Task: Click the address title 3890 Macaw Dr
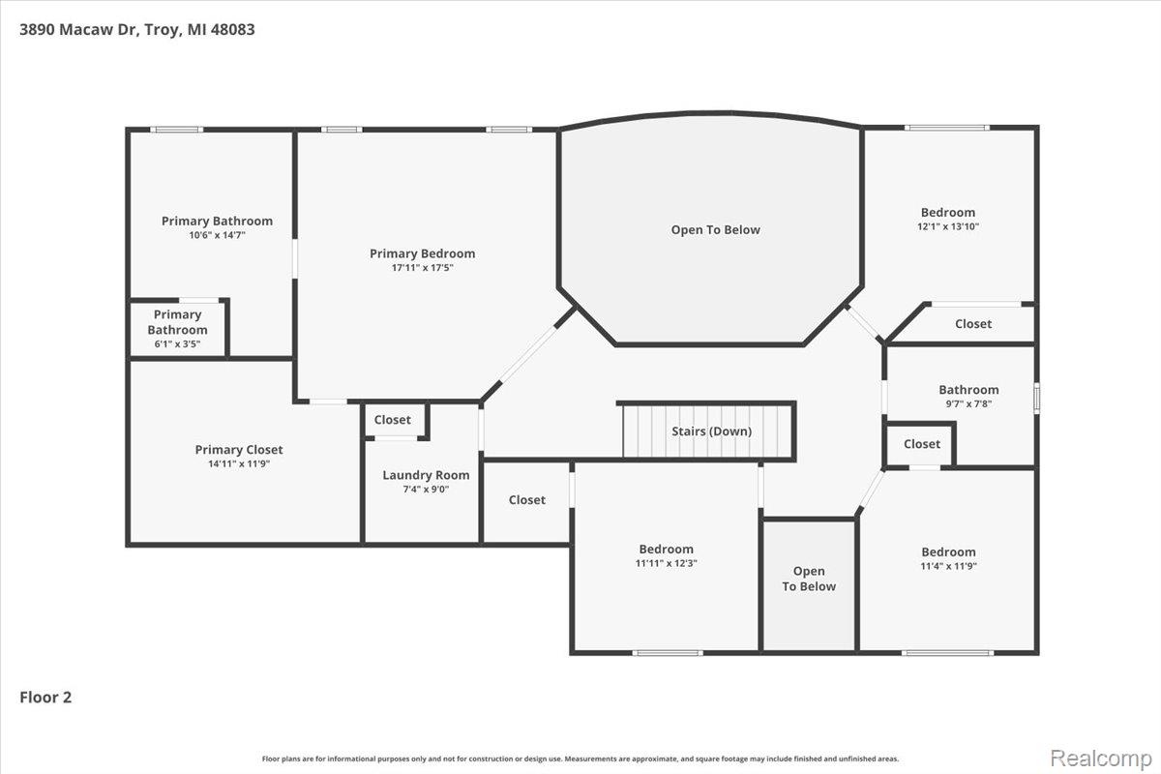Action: click(x=137, y=29)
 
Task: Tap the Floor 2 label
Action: click(x=46, y=697)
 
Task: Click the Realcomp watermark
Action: click(x=1102, y=755)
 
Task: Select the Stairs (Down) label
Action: click(x=711, y=432)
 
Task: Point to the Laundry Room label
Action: click(x=426, y=475)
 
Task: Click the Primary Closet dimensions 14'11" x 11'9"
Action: click(x=239, y=464)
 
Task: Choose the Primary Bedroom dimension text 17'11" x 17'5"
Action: click(x=422, y=268)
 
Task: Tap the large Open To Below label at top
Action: click(x=715, y=230)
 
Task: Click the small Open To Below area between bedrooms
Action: click(x=809, y=579)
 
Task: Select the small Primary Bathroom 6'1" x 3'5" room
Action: click(x=177, y=329)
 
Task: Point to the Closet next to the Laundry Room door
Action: click(x=393, y=420)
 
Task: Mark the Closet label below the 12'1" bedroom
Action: click(x=972, y=324)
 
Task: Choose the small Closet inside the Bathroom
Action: click(x=921, y=444)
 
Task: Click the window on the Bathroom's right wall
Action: click(x=1036, y=398)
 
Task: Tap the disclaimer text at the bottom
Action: click(x=580, y=759)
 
